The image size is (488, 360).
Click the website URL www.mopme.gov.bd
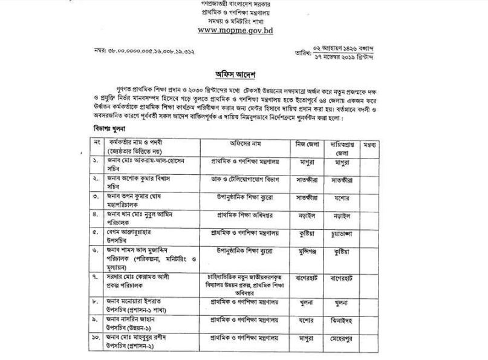235,30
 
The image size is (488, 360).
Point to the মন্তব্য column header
370,145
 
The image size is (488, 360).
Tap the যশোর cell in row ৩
343,197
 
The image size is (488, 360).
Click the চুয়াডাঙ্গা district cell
343,232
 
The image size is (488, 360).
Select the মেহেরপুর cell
343,338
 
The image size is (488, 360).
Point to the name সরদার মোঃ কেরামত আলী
140,277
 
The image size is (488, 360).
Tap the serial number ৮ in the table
96,301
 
